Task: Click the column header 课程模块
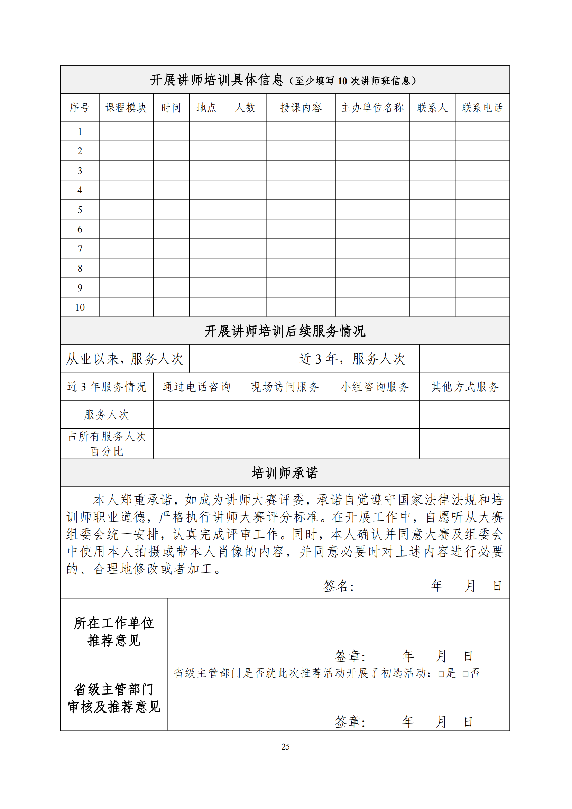pos(126,108)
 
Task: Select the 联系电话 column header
pos(482,108)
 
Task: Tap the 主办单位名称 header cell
pos(372,108)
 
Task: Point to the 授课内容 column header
pos(301,108)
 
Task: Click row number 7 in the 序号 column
pos(80,249)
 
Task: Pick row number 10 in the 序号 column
pos(80,307)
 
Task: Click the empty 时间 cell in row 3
pos(171,171)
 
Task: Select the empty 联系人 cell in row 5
pos(432,210)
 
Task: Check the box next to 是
pos(441,674)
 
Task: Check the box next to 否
pos(465,674)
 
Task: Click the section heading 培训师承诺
pos(285,473)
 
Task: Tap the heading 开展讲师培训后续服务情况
pos(285,331)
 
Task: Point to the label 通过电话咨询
pos(196,387)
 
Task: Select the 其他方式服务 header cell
pos(464,387)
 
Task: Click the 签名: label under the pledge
pos(339,586)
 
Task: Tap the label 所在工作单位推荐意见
pos(114,632)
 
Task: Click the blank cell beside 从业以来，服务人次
pos(237,359)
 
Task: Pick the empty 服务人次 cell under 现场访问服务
pos(285,414)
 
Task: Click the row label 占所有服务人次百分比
pos(107,444)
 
